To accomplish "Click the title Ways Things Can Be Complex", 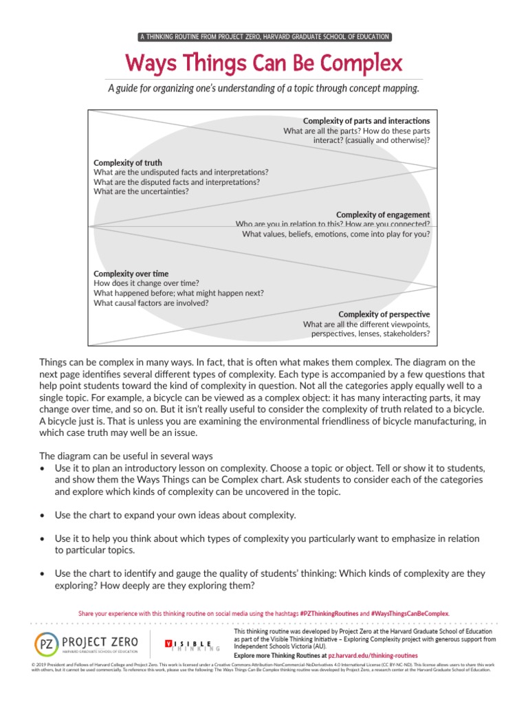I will pyautogui.click(x=264, y=64).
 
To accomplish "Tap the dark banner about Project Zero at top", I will pyautogui.click(x=264, y=36).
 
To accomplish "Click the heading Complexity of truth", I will pyautogui.click(x=128, y=163).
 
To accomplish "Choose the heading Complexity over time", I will pyautogui.click(x=131, y=274).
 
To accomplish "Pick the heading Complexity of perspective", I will pyautogui.click(x=384, y=314).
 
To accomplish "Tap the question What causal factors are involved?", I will pyautogui.click(x=151, y=302).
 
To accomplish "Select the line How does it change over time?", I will pyautogui.click(x=146, y=283).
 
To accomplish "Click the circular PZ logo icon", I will pyautogui.click(x=47, y=643).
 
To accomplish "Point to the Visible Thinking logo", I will pyautogui.click(x=192, y=644).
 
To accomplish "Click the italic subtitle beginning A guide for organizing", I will pyautogui.click(x=264, y=89).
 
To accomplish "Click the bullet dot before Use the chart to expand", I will pyautogui.click(x=43, y=515).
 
